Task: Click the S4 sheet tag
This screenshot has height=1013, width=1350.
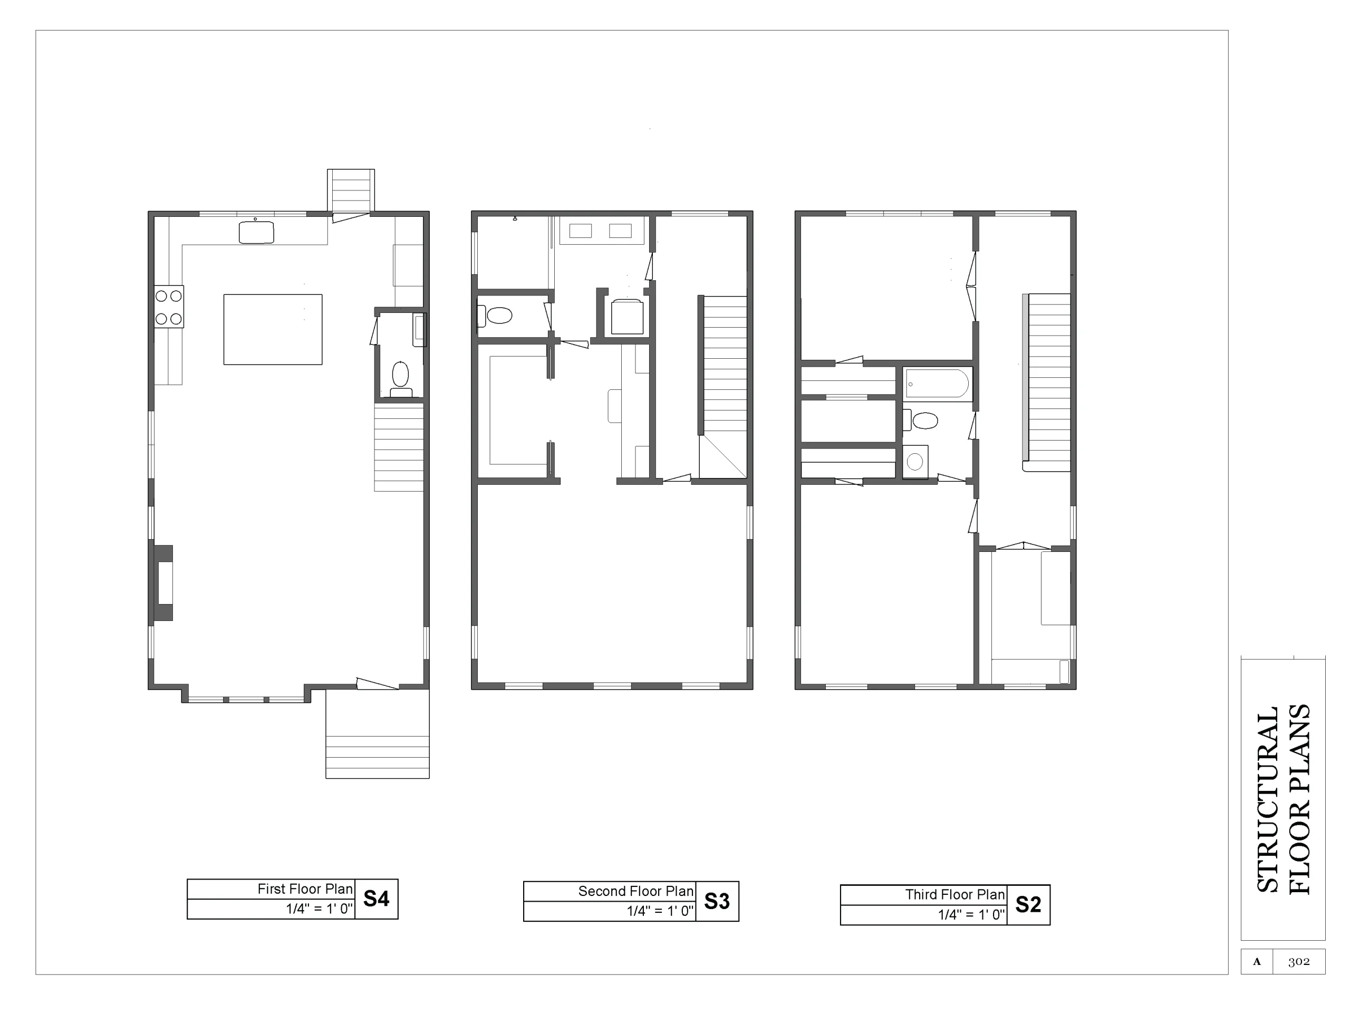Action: tap(376, 899)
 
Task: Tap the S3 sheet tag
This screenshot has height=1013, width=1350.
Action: tap(717, 901)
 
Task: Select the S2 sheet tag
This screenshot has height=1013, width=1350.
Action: tap(1028, 904)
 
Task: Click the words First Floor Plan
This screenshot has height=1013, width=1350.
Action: tap(305, 889)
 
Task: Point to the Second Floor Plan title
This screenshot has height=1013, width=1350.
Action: tap(636, 892)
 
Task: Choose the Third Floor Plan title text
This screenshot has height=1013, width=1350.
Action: tap(955, 894)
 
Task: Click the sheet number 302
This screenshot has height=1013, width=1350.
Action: tap(1299, 962)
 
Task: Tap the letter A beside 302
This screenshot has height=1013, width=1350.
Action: tap(1257, 962)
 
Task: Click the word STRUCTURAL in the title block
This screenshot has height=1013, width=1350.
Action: tap(1268, 800)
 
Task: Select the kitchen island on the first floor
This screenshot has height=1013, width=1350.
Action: tap(273, 330)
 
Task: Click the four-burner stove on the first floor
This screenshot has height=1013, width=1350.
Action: tap(168, 307)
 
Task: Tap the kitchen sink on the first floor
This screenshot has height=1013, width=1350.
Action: tap(256, 233)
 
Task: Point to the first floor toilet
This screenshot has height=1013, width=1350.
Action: tap(400, 379)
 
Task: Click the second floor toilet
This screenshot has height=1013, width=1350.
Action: tap(495, 316)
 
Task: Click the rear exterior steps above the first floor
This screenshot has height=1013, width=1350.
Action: tap(351, 191)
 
